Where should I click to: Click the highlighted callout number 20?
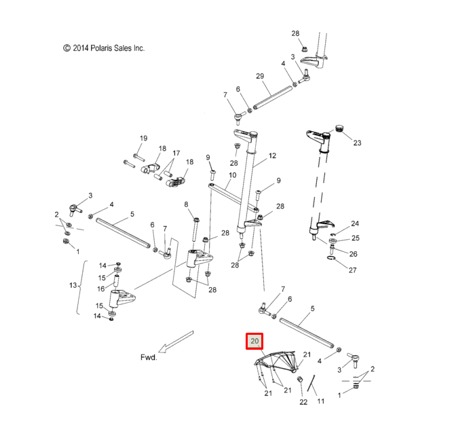pos(254,341)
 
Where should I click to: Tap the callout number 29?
pos(260,76)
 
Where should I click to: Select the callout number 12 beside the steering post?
pos(272,156)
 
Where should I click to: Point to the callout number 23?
pos(358,143)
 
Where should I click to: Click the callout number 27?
pos(352,270)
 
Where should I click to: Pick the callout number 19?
pos(143,139)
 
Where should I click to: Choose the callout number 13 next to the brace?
pos(73,286)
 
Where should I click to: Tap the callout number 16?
pos(100,289)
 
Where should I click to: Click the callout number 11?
pos(321,401)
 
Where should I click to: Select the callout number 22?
pos(303,402)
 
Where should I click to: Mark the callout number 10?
pos(232,175)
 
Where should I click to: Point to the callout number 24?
pos(354,223)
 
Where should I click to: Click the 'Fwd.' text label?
pos(149,357)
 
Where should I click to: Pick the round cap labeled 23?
pos(338,129)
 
